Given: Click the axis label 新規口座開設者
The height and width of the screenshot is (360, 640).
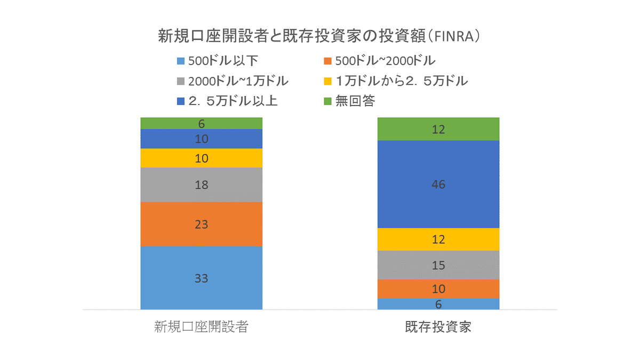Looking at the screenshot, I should point(201,327).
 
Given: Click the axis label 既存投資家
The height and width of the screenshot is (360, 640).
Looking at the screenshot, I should point(438,327).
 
